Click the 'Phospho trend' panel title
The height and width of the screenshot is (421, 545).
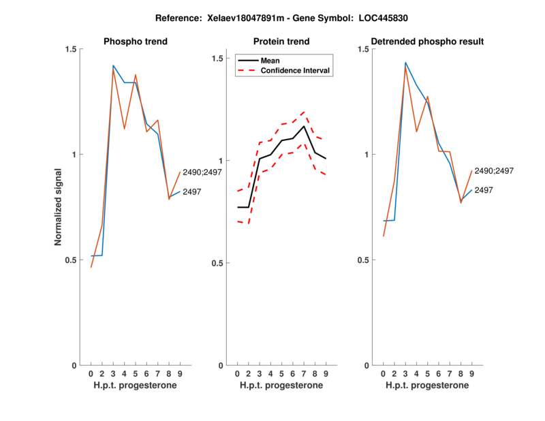coord(136,42)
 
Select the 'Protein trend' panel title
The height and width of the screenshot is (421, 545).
coord(281,42)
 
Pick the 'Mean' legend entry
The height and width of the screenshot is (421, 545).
coord(270,60)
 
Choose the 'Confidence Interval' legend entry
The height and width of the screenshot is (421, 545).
coord(296,70)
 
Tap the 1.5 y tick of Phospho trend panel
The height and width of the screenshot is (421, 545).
coord(71,49)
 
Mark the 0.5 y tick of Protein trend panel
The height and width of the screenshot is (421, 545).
coord(218,263)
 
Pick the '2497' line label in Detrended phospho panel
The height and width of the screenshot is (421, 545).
coord(484,191)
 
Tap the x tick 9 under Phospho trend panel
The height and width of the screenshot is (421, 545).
coord(180,373)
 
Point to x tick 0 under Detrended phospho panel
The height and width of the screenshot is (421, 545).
coord(384,373)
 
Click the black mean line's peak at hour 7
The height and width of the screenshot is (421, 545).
coord(305,126)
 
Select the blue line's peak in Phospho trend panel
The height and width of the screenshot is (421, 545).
coord(113,65)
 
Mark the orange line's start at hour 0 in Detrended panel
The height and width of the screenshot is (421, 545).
coord(384,236)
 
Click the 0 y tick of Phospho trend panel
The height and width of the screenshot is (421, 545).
coord(74,365)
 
